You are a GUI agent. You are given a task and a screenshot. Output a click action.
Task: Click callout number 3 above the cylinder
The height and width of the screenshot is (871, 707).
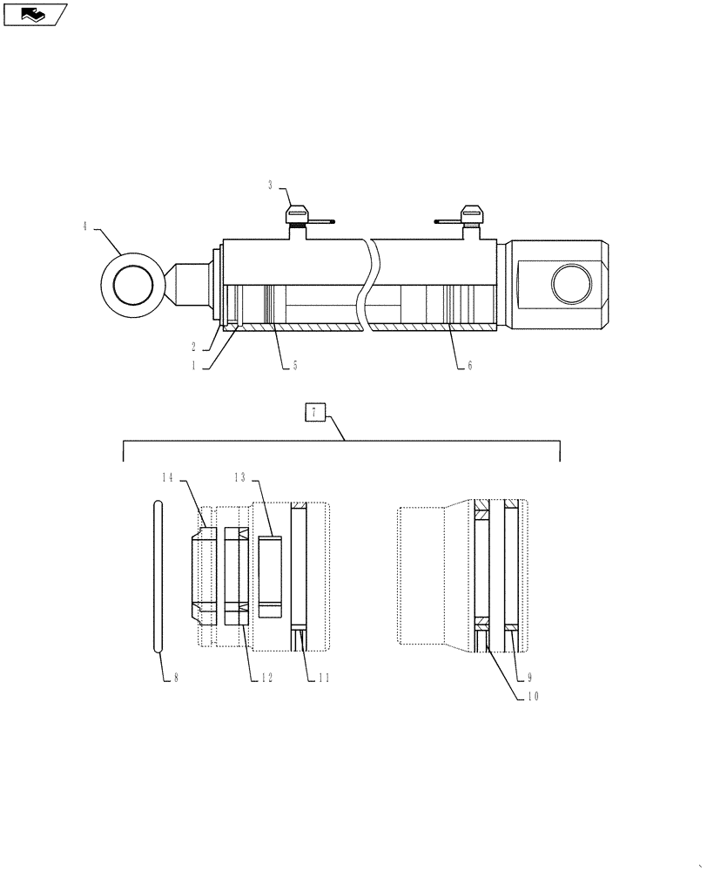270,185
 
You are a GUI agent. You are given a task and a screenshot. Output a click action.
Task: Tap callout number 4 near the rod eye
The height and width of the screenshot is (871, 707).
85,226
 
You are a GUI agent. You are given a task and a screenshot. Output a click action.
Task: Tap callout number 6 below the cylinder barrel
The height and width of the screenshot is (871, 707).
469,366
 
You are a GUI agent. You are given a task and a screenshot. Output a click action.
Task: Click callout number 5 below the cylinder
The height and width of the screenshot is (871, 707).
294,366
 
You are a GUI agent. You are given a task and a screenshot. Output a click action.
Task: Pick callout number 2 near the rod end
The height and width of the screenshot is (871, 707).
196,345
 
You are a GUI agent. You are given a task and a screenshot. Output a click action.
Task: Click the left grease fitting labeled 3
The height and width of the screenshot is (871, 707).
297,215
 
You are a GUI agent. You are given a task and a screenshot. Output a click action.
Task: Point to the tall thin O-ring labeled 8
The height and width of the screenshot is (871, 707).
157,576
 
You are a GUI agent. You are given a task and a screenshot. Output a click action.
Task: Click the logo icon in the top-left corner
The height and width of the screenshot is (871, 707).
34,14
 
